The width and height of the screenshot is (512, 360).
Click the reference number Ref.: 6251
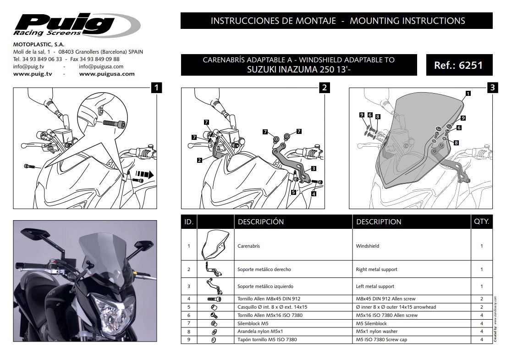pos(458,65)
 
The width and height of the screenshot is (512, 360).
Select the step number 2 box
pos(324,88)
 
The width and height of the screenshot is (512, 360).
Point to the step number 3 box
pos(492,88)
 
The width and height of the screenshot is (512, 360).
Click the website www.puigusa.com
pos(107,73)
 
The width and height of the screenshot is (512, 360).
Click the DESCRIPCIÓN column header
pos(260,222)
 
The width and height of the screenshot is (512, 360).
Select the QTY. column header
pos(481,222)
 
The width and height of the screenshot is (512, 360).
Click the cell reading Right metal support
pos(376,269)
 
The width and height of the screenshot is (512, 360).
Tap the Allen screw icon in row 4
pos(214,299)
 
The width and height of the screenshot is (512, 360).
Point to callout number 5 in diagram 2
pos(293,193)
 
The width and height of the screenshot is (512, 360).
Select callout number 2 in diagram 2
pos(199,160)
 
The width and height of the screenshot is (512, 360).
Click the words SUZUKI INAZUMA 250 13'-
pos(299,69)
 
